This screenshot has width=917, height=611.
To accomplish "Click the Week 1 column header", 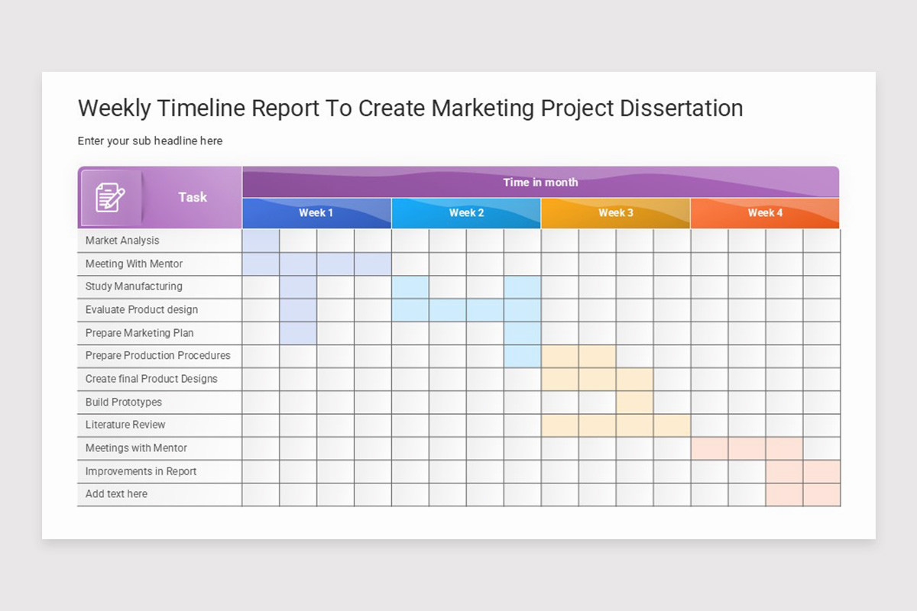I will click(316, 213).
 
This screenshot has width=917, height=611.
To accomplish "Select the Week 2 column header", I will click(466, 213).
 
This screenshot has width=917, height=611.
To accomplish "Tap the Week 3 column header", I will click(615, 213).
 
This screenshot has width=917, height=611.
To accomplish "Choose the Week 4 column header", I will click(765, 213).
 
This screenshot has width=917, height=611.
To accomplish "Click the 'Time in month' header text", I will click(540, 183).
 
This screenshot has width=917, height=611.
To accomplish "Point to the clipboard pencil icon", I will click(110, 198).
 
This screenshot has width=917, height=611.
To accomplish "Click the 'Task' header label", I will click(193, 197).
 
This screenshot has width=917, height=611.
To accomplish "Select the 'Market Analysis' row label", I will click(122, 241).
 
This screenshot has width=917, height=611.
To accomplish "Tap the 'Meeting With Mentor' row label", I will click(134, 263).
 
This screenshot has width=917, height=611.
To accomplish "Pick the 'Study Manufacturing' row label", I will click(134, 286).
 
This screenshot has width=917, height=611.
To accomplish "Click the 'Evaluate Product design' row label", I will click(141, 309).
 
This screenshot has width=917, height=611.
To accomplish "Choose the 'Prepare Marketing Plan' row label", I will click(139, 333).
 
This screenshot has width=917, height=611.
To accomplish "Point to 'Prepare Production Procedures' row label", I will click(157, 355).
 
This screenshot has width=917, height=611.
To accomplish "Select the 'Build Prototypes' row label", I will click(123, 402).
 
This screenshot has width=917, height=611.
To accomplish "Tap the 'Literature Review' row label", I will click(125, 425).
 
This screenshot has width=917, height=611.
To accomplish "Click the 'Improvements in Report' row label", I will click(141, 471).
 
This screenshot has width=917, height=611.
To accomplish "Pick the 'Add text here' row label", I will click(116, 494).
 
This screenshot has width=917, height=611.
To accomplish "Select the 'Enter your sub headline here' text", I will click(150, 141).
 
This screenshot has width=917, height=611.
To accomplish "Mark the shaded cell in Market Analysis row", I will click(261, 241).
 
